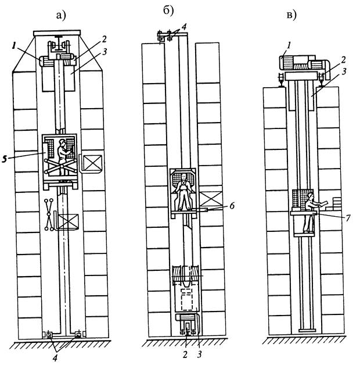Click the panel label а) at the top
(x=61, y=16)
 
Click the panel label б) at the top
(x=168, y=12)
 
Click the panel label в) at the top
(x=291, y=15)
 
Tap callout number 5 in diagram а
(x=5, y=159)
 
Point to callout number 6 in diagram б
(x=232, y=206)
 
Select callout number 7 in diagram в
(x=348, y=218)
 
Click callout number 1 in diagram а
(x=13, y=46)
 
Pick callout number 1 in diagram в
(x=289, y=45)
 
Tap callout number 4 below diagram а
(x=55, y=358)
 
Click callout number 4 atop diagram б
(x=183, y=27)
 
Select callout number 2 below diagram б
(x=185, y=355)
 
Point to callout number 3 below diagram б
(x=199, y=355)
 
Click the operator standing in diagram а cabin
(x=63, y=156)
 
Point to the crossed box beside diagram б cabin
(x=211, y=199)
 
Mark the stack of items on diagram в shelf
(x=337, y=203)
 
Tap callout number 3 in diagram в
(x=344, y=71)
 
